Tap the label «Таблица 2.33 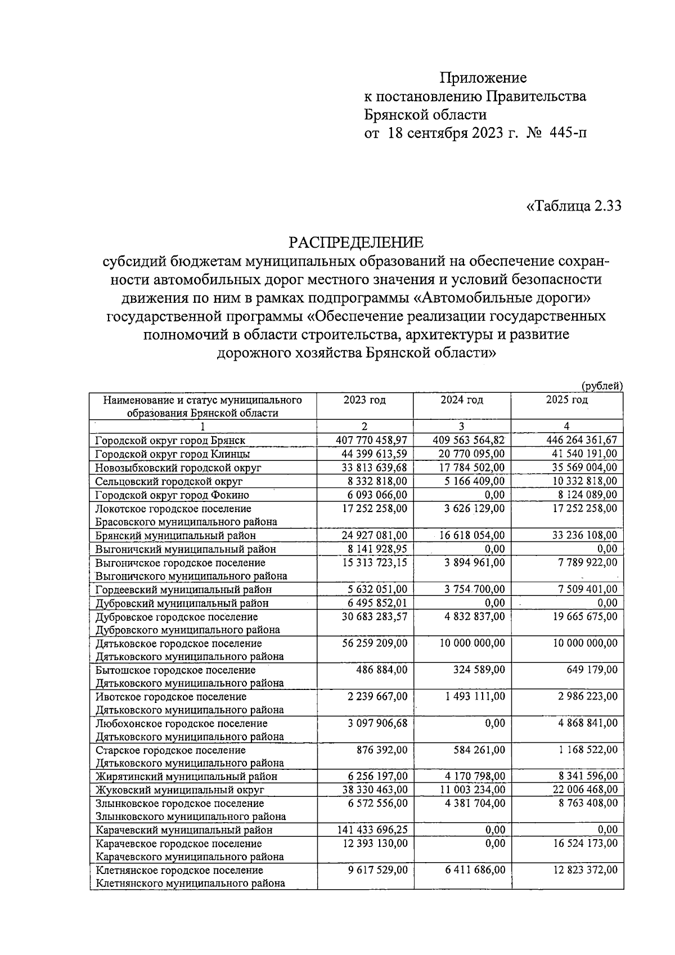tap(573, 206)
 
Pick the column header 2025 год tap(566, 400)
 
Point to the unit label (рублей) tap(602, 385)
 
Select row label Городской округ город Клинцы tap(173, 454)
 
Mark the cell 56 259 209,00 tap(374, 643)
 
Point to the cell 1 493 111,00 tap(475, 697)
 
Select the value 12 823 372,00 tap(583, 870)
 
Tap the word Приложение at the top tap(483, 78)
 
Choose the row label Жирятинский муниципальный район tap(186, 777)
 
